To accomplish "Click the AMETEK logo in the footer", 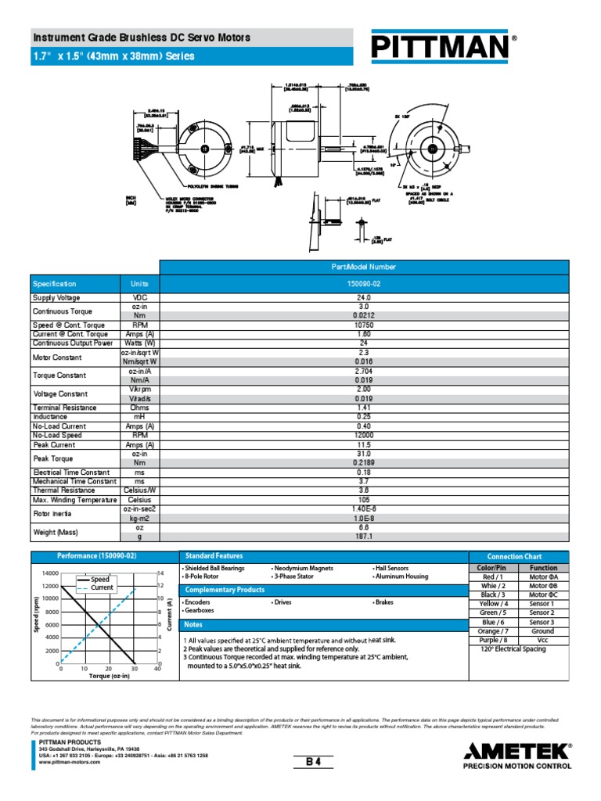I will point(517,752).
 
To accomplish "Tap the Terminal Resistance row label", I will point(64,408).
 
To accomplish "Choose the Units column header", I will point(139,283).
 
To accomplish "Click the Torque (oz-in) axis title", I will point(109,676).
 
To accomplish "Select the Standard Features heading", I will point(203,555).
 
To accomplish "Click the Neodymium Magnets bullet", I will point(304,568).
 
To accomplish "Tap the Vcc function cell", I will point(542,640).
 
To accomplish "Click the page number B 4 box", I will point(314,761).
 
